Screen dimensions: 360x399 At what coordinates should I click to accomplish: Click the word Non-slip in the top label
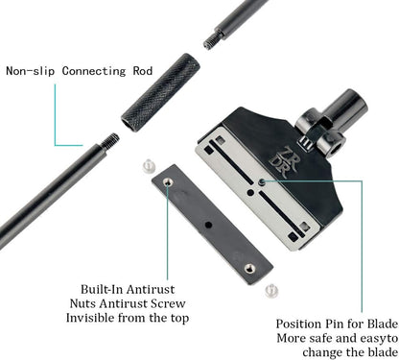tap(30, 70)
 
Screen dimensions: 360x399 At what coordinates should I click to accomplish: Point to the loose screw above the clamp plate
tap(148, 166)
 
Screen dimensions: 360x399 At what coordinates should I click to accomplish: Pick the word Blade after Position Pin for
tap(381, 325)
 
